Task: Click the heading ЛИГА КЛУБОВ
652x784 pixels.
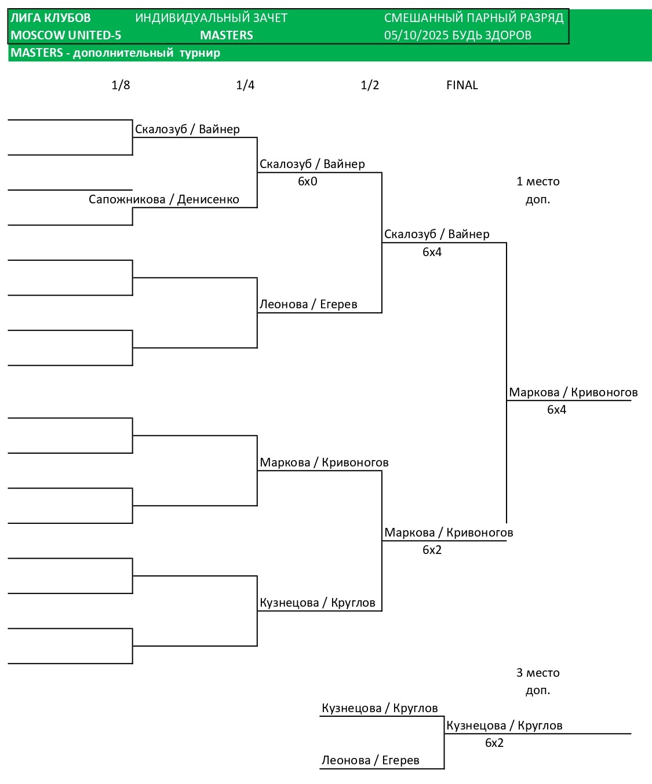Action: point(51,18)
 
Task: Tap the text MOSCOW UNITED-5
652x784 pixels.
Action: point(66,35)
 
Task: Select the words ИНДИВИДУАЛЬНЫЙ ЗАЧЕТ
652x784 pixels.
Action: point(211,18)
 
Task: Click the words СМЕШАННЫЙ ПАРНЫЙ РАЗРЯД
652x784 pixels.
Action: point(473,18)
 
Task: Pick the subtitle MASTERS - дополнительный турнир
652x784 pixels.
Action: point(115,53)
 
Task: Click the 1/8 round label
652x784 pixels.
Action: point(121,85)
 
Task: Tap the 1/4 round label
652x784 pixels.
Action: point(245,85)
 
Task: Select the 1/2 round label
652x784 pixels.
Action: point(370,85)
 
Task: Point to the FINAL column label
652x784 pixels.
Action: point(462,85)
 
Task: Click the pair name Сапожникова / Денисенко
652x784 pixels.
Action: point(164,199)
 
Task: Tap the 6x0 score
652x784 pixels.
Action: point(308,181)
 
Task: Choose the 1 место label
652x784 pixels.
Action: point(538,181)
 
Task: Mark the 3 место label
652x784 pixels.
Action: point(538,673)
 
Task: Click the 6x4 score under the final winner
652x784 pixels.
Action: point(556,410)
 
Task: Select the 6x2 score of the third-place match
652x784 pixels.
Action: point(494,743)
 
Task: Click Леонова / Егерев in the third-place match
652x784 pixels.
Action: point(370,760)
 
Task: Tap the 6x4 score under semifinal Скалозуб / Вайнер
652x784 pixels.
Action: point(432,252)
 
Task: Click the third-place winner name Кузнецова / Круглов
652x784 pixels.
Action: point(504,725)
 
